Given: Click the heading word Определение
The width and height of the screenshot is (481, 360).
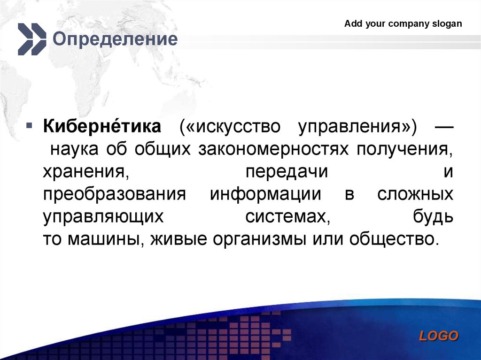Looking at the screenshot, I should pyautogui.click(x=115, y=39).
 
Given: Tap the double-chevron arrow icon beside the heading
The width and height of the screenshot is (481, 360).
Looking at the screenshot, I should pyautogui.click(x=32, y=39).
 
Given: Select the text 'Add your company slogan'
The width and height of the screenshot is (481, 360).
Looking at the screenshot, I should pyautogui.click(x=403, y=24).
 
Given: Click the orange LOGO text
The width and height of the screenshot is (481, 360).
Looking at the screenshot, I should pyautogui.click(x=439, y=336).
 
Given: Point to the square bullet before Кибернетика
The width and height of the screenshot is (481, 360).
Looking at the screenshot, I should pyautogui.click(x=29, y=126).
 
